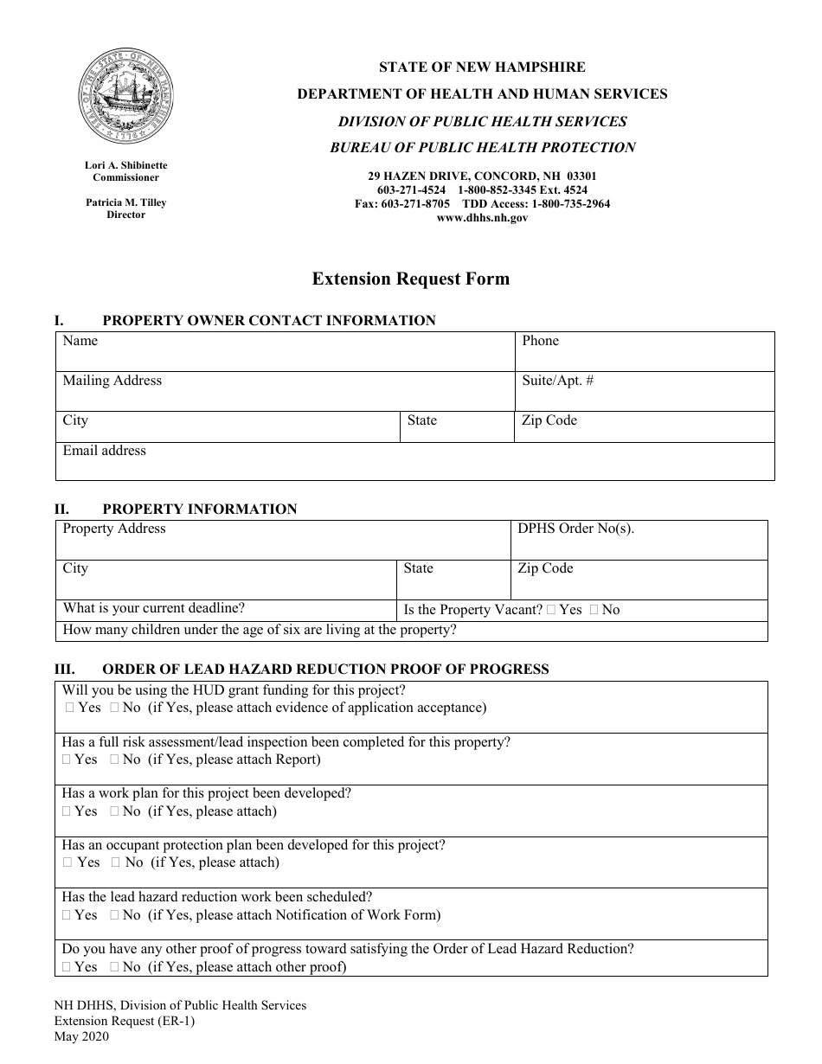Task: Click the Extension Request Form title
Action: (410, 279)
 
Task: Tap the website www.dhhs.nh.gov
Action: (482, 218)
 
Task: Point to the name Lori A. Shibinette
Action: (125, 165)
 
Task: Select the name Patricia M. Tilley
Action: (125, 203)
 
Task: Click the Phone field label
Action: (541, 341)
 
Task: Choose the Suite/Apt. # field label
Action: (557, 381)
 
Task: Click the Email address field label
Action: (104, 451)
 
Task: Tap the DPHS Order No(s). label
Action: (575, 529)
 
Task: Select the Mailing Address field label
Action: (112, 381)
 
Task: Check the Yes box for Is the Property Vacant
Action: (552, 610)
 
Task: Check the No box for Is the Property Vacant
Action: (594, 610)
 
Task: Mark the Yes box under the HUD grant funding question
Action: (69, 708)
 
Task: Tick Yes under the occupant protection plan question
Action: (69, 862)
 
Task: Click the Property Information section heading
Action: (199, 509)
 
